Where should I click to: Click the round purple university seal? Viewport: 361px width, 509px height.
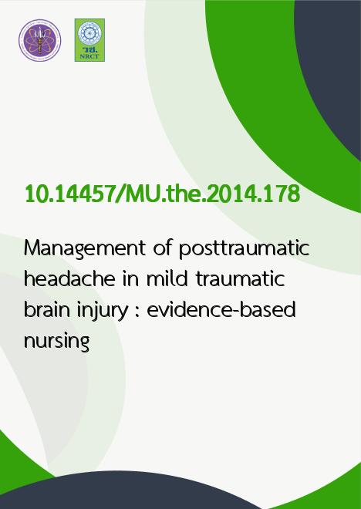40,40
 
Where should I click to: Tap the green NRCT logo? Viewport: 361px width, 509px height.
89,40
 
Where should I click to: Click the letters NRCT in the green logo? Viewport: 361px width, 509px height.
89,56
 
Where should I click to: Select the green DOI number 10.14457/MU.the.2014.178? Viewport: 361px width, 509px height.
162,194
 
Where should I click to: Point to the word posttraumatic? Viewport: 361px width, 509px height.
244,249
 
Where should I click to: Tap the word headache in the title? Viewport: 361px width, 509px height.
69,278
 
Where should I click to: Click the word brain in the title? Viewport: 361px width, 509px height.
47,309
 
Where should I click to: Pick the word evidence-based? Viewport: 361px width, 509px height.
221,309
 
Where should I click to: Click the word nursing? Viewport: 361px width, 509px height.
57,342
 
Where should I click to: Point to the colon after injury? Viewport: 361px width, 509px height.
137,313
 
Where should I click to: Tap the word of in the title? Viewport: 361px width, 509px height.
162,248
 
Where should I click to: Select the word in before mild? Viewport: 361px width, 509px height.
131,279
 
